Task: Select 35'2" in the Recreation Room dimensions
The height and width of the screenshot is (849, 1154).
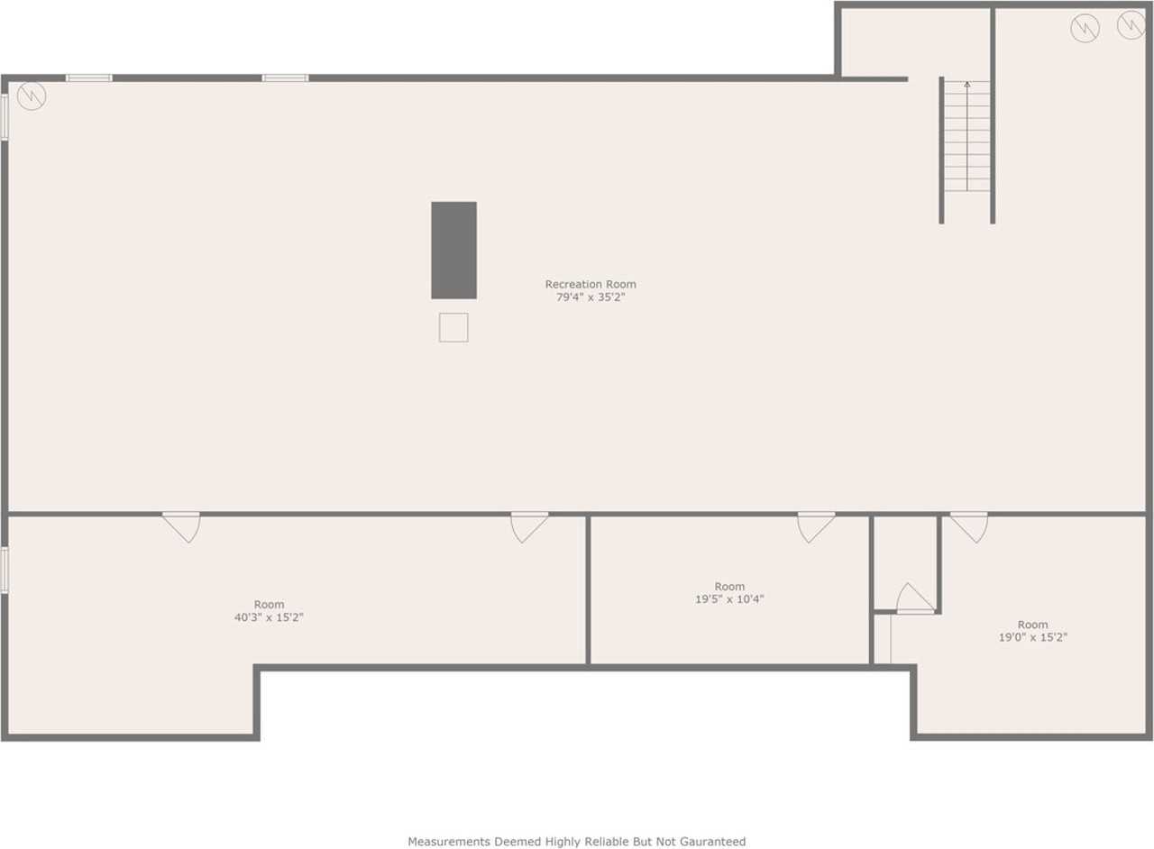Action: click(x=611, y=297)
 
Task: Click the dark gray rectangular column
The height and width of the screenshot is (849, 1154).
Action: click(x=453, y=250)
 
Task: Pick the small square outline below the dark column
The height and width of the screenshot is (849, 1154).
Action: click(x=453, y=327)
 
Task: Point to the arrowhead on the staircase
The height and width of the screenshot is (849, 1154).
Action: click(x=967, y=85)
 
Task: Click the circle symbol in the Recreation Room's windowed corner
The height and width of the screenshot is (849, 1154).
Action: click(x=32, y=96)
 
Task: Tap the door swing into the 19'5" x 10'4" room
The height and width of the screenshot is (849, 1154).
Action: click(x=815, y=526)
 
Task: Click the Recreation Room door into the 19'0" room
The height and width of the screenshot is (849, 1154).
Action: click(x=969, y=526)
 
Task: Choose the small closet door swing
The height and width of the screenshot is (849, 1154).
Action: click(x=914, y=599)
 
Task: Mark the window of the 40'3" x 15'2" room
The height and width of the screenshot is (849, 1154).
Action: click(x=5, y=571)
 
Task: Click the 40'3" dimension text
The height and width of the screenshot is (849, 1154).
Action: click(x=248, y=618)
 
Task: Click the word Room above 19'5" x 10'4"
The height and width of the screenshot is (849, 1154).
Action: click(x=729, y=587)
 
